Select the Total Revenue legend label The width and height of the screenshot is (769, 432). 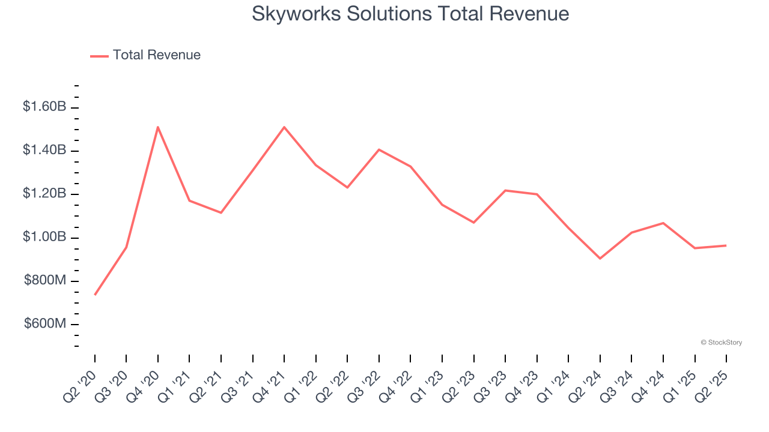(x=156, y=55)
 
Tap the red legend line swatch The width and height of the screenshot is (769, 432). (x=99, y=56)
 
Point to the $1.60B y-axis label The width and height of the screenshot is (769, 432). (x=44, y=107)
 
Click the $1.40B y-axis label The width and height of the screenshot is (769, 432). (x=44, y=150)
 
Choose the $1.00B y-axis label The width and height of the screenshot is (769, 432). (x=44, y=237)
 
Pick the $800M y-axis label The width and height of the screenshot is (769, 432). (x=45, y=280)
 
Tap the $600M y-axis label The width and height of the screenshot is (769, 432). (x=45, y=324)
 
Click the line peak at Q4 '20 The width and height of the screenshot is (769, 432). (x=158, y=127)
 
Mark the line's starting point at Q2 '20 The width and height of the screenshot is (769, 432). (x=95, y=295)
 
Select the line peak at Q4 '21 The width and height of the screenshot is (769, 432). (x=284, y=127)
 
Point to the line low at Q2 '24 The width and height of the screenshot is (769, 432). (x=600, y=259)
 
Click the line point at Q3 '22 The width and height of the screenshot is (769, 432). (x=379, y=149)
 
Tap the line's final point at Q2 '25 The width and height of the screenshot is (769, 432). (x=726, y=245)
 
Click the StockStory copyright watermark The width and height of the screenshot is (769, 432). (x=721, y=343)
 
